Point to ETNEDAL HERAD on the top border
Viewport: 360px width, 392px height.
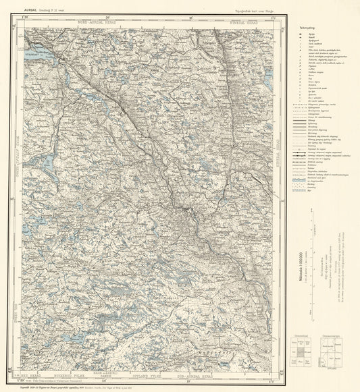point(244,20)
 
